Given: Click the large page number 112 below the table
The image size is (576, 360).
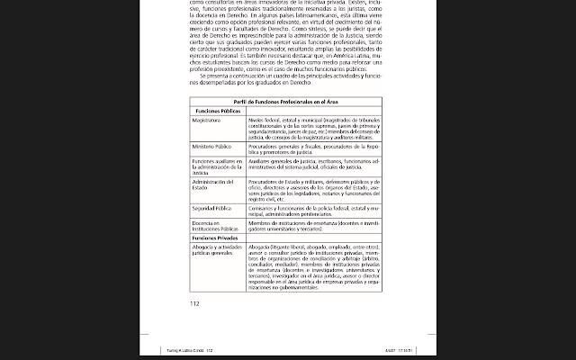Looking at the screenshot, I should pos(193,303).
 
